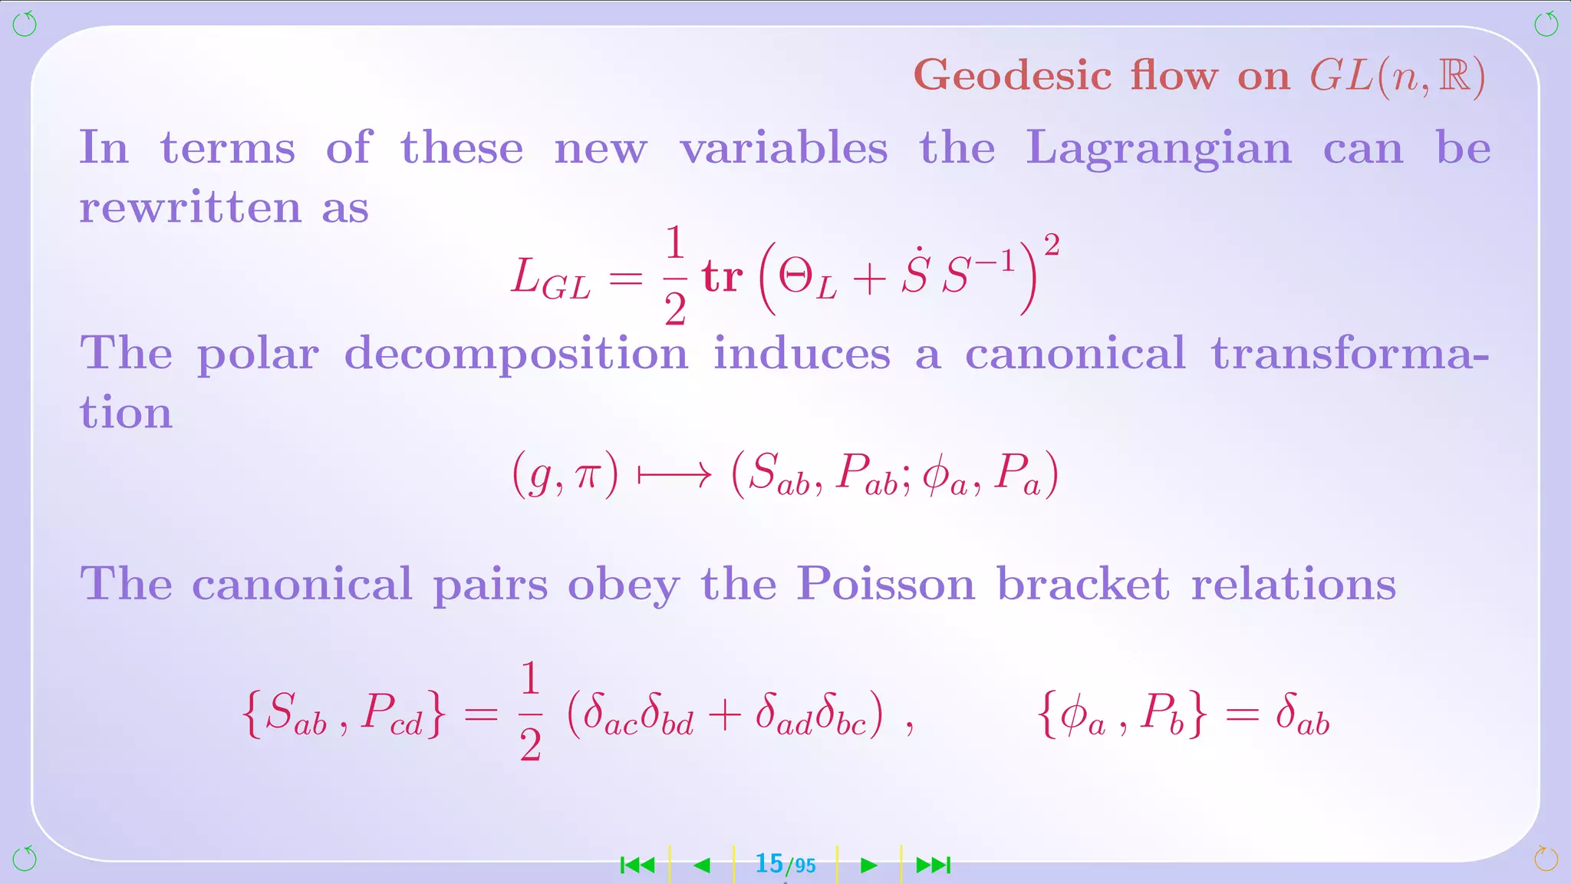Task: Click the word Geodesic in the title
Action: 1013,76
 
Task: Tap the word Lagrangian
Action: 1158,148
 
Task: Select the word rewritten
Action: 190,207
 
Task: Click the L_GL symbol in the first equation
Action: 551,278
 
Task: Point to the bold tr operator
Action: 722,277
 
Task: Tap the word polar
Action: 258,355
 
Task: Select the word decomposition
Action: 515,355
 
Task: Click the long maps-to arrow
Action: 674,476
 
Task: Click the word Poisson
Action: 885,585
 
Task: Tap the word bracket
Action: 1082,585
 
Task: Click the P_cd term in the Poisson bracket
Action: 392,714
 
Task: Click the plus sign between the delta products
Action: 724,715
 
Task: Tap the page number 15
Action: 769,864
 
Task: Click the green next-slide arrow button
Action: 868,866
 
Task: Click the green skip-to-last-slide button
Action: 934,866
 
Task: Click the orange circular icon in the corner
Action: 1545,859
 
